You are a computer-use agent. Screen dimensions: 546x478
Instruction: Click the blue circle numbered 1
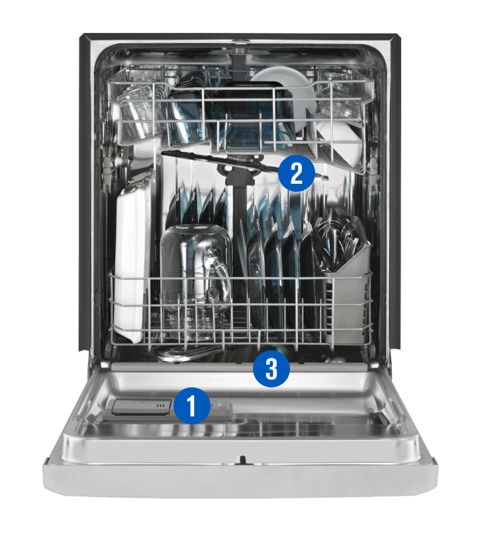(193, 406)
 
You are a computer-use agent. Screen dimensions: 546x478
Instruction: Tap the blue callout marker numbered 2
(296, 173)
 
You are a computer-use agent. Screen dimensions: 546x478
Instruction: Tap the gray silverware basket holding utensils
(348, 291)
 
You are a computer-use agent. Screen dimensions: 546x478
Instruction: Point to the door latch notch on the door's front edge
(242, 459)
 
